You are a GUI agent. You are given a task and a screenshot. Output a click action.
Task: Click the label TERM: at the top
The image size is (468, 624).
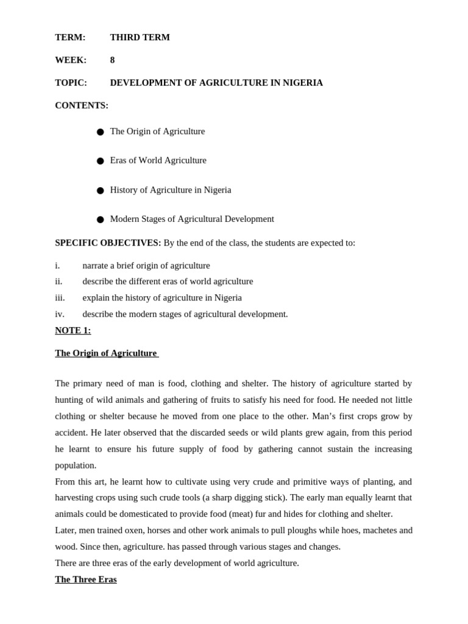(x=70, y=37)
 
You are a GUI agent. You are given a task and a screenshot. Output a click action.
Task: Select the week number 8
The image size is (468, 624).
(x=112, y=60)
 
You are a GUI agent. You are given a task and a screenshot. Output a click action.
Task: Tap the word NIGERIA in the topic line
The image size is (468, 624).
(x=303, y=83)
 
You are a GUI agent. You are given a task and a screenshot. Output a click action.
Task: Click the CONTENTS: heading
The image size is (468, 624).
(x=82, y=105)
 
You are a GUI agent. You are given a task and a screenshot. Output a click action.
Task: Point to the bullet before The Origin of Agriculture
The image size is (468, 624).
(x=100, y=132)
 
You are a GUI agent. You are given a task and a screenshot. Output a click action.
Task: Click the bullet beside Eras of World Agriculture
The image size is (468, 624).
(x=100, y=161)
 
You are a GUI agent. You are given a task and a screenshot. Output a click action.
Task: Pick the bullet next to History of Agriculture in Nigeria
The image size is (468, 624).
(x=100, y=190)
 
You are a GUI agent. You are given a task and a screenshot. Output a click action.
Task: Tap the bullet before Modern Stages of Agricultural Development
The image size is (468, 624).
(x=100, y=219)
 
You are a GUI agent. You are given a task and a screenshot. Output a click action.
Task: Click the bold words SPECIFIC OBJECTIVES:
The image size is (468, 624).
(x=108, y=243)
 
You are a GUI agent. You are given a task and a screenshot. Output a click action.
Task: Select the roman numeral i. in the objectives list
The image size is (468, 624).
(x=57, y=266)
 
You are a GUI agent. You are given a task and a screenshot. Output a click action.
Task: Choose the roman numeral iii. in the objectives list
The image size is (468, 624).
(x=60, y=298)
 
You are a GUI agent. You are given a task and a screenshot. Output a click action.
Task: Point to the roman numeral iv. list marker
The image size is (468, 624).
(x=60, y=314)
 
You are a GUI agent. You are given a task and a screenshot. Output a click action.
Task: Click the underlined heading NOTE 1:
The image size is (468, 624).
(x=73, y=330)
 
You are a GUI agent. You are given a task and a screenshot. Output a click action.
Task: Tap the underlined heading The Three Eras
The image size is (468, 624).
(x=85, y=580)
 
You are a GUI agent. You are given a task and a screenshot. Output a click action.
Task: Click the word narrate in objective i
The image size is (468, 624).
(x=97, y=266)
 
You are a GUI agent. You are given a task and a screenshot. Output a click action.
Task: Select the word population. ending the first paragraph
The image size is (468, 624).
(x=76, y=466)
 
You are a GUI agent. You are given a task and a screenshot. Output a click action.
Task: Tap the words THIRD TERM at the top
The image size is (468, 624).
(x=140, y=37)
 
